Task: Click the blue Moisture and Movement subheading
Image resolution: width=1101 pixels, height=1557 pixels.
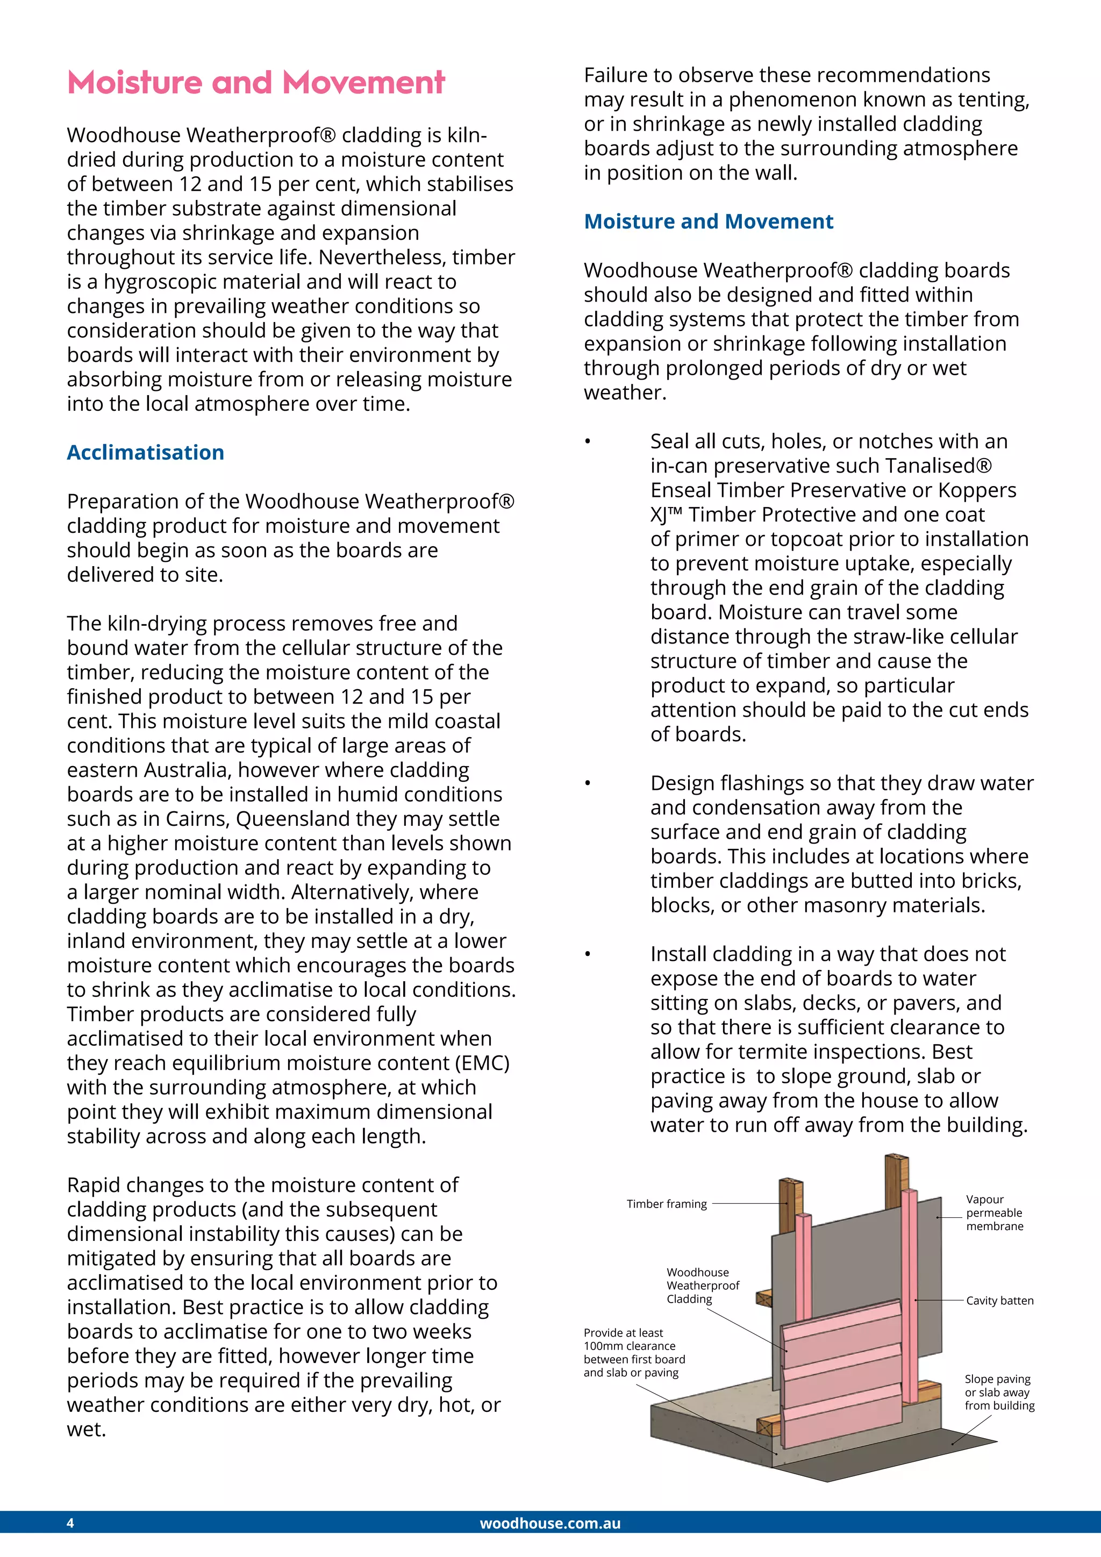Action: (x=709, y=221)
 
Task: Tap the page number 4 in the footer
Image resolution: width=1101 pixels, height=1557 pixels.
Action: (x=70, y=1523)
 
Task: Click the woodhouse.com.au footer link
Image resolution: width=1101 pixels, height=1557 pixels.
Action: (x=550, y=1523)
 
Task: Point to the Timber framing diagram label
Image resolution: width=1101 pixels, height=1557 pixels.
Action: (x=667, y=1204)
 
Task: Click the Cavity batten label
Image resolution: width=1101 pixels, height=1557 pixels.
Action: (x=999, y=1300)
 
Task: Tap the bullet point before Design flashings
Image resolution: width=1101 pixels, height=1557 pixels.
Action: (x=588, y=784)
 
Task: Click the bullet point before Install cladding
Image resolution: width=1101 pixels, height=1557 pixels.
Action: (x=588, y=955)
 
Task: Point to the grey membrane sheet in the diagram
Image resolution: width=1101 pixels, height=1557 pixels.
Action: (x=847, y=1261)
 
